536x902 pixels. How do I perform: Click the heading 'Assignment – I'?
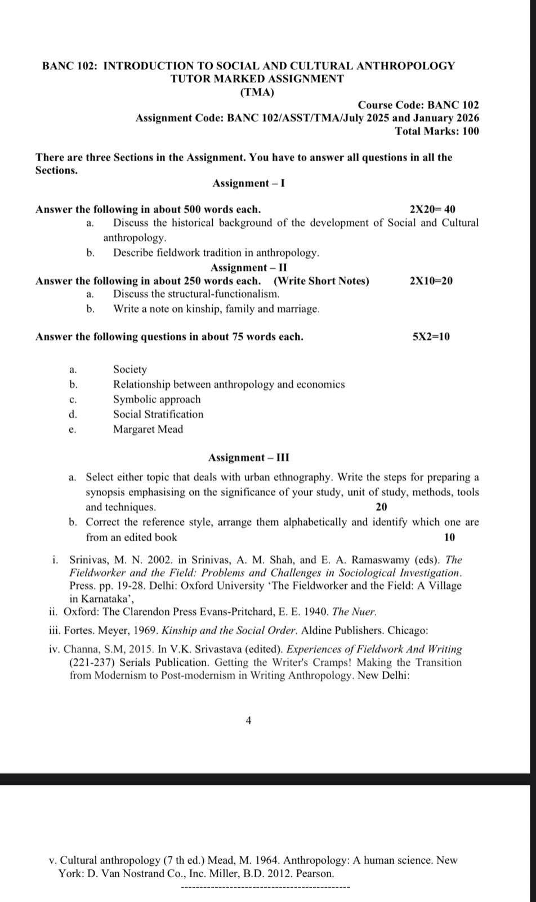[x=248, y=183]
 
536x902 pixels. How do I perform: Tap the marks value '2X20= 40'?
[x=432, y=210]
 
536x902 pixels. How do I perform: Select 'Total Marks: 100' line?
[x=437, y=131]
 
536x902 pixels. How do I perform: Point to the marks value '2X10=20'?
[x=431, y=281]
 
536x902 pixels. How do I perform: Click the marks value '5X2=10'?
[x=431, y=337]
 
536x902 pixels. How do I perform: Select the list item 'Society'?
[x=130, y=370]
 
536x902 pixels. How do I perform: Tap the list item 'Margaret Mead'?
[x=148, y=430]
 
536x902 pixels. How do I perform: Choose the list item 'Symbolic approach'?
[x=157, y=400]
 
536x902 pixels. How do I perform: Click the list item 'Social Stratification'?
[x=158, y=414]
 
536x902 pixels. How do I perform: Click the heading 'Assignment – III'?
[x=248, y=457]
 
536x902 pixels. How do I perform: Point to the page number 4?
[x=249, y=720]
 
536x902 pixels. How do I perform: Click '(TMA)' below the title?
[x=257, y=92]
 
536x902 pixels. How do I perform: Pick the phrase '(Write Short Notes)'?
[x=321, y=281]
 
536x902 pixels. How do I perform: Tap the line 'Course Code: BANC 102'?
[x=418, y=105]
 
